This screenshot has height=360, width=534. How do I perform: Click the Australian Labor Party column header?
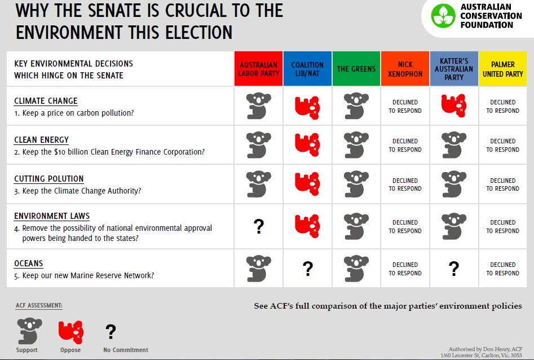coord(258,68)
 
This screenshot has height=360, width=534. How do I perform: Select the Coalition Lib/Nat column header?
coord(307,68)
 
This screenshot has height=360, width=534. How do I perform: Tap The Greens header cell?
coord(356,68)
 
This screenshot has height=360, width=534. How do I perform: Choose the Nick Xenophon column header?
coord(405,68)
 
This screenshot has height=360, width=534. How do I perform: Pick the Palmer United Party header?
coord(502,68)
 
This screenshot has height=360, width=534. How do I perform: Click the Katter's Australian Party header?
coord(454,68)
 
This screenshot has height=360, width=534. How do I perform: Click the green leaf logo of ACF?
coord(443,16)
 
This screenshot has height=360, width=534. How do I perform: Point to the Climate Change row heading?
coord(46,101)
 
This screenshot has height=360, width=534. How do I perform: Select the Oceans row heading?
coord(29,263)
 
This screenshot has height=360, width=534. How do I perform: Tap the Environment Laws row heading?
coord(52,216)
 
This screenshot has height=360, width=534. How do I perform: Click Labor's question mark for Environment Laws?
coord(259,226)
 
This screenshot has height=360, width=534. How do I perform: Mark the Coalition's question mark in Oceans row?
coord(308,269)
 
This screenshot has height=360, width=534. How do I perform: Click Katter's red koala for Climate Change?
coord(453,106)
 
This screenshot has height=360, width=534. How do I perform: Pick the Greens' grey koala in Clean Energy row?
coord(356,144)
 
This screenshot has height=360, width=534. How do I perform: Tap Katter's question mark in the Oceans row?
coord(454,269)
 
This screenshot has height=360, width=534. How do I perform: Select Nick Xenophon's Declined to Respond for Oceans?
coord(405,269)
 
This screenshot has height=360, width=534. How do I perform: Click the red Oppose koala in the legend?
coord(71,332)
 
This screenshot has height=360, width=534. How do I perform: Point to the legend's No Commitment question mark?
coord(111,331)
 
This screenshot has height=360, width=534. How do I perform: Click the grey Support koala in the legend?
coord(30,331)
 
